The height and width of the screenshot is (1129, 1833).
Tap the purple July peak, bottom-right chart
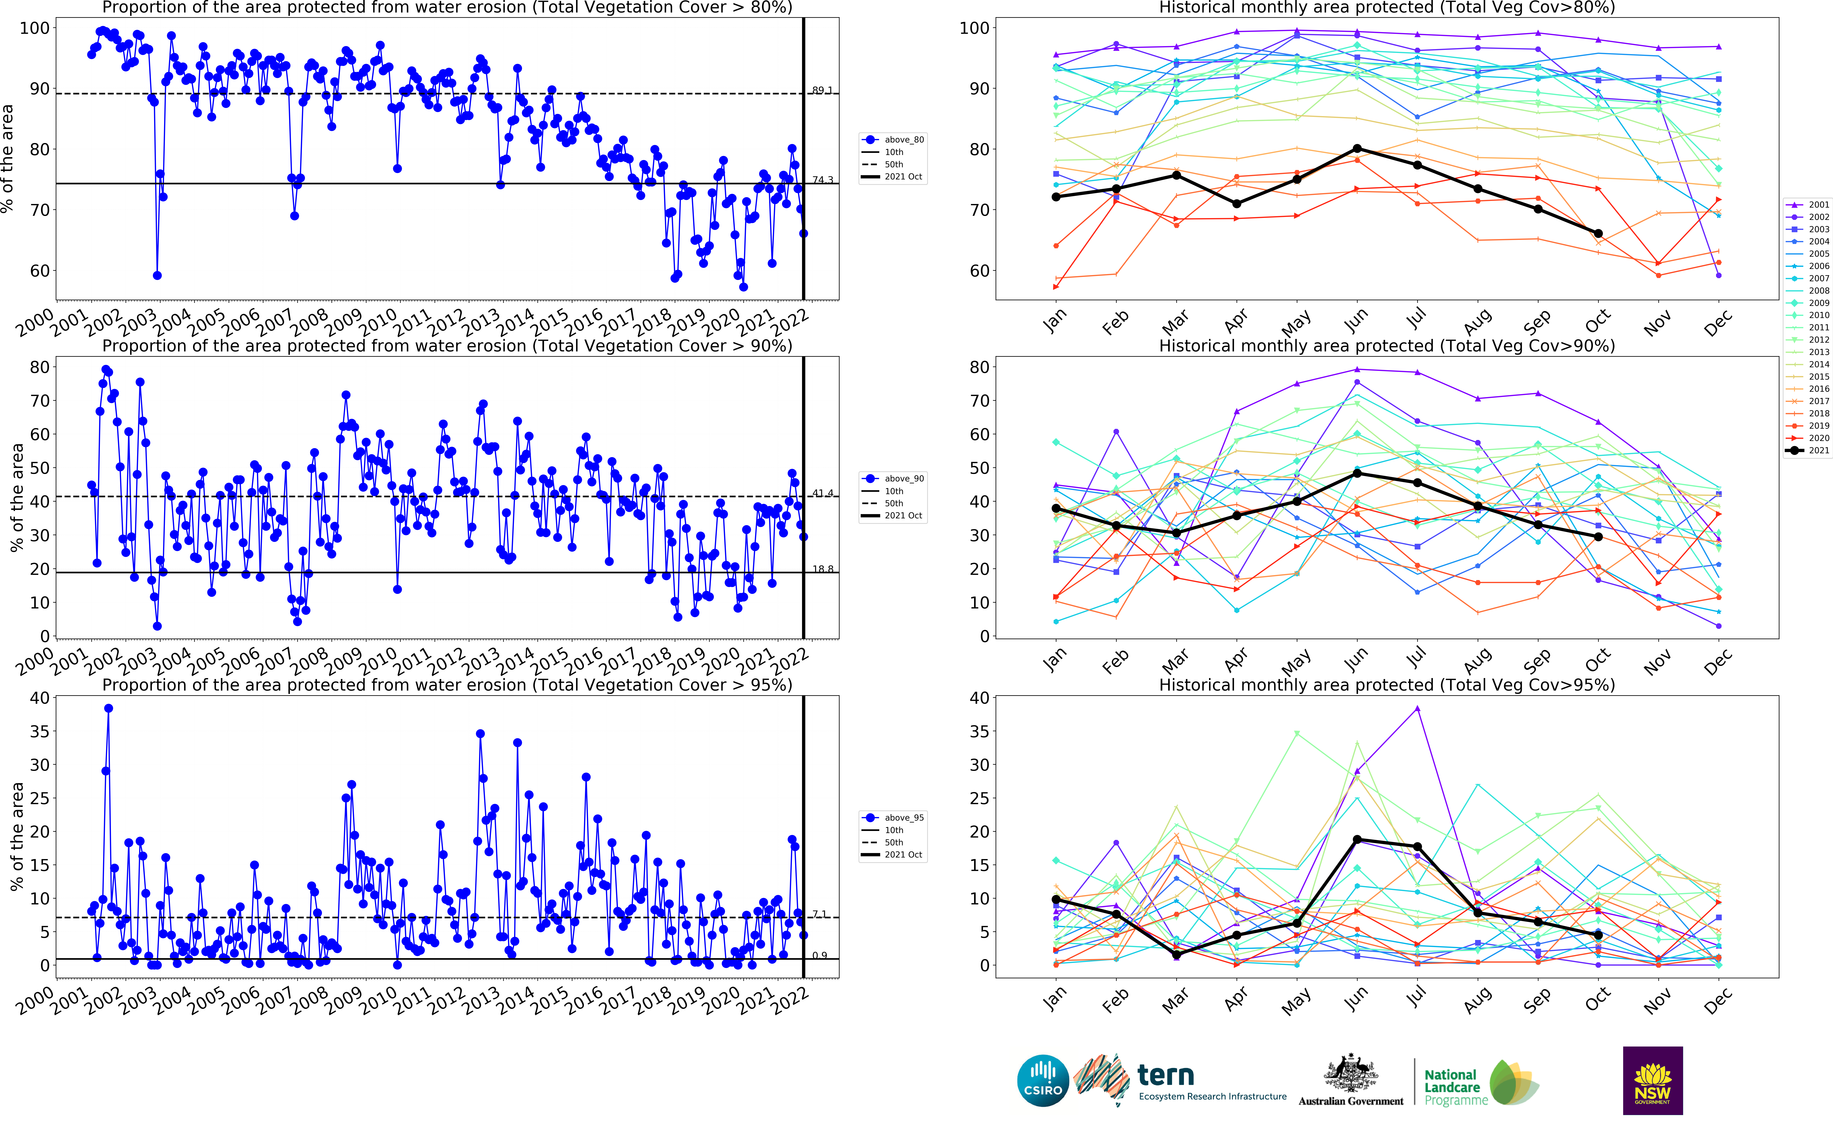click(x=1417, y=709)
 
